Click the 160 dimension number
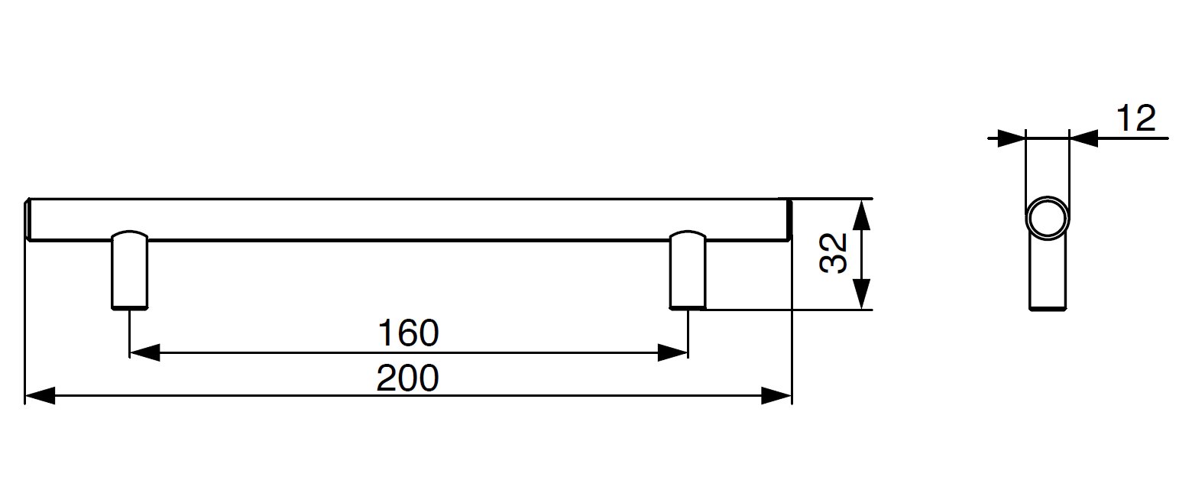tap(409, 333)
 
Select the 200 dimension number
tap(408, 378)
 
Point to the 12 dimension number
tap(1135, 119)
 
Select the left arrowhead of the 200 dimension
tap(40, 396)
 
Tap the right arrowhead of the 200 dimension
tap(776, 396)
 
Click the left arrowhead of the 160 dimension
tap(144, 352)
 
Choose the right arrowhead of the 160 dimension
tap(673, 352)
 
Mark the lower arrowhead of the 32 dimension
tap(861, 295)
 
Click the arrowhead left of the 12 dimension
tap(1011, 138)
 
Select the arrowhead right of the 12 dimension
tap(1083, 138)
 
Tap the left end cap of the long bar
tap(28, 220)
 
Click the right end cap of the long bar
tap(789, 220)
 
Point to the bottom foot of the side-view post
tap(1047, 308)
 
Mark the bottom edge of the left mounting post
tap(130, 307)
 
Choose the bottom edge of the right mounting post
tap(688, 307)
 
